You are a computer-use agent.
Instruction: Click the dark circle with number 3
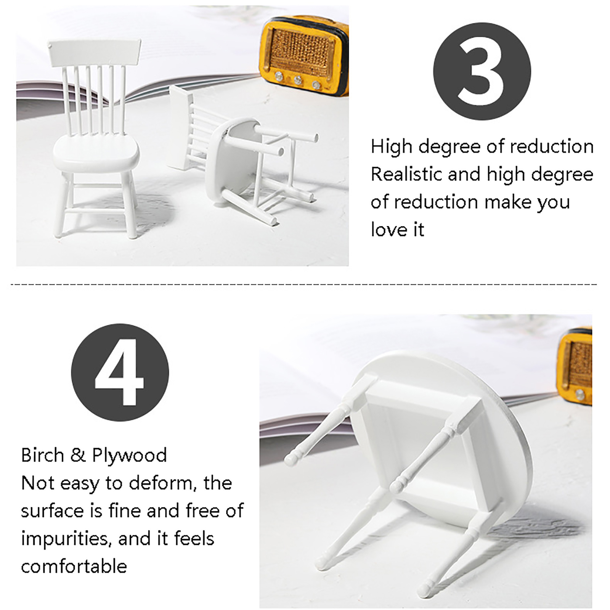[x=482, y=71]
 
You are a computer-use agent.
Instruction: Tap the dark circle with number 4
[x=120, y=372]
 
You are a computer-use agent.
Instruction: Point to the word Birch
[x=42, y=455]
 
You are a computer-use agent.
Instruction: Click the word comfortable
[x=74, y=567]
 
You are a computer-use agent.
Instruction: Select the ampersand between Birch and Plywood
[x=78, y=456]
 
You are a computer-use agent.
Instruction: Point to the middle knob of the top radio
[x=298, y=80]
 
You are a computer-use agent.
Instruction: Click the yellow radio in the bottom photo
[x=574, y=366]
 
